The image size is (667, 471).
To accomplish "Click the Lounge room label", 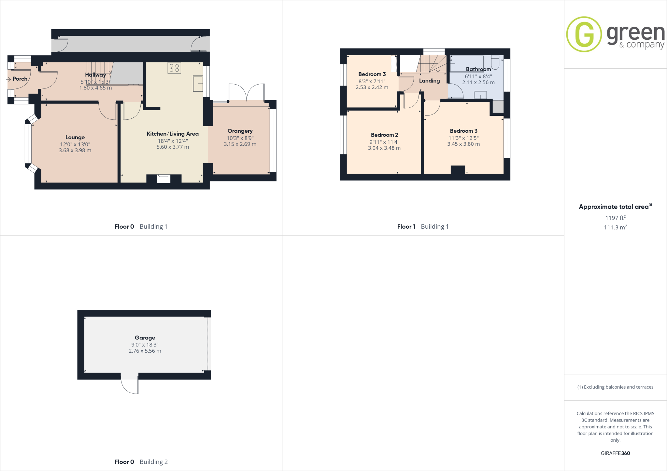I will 75,138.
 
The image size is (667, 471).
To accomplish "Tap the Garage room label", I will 145,338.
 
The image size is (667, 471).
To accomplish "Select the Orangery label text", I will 240,131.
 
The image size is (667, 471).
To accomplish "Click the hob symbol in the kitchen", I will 174,68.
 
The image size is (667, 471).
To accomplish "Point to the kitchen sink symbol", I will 198,83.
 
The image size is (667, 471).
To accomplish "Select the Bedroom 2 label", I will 384,135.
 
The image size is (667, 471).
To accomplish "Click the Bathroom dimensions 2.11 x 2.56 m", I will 478,83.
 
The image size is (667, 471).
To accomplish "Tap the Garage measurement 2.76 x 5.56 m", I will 145,351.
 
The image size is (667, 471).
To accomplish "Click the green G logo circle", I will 584,34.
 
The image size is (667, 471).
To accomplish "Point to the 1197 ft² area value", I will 615,218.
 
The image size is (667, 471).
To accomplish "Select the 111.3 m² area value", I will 615,227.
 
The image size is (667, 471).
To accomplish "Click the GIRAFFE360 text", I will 615,453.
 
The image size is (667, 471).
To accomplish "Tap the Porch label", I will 20,79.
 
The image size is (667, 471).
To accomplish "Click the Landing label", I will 429,81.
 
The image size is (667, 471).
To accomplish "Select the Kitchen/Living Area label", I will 173,134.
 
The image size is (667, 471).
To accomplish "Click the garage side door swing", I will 130,386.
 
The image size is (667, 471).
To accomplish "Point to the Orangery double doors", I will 247,92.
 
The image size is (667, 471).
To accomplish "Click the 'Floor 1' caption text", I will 406,227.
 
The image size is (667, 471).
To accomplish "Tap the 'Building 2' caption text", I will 153,462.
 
